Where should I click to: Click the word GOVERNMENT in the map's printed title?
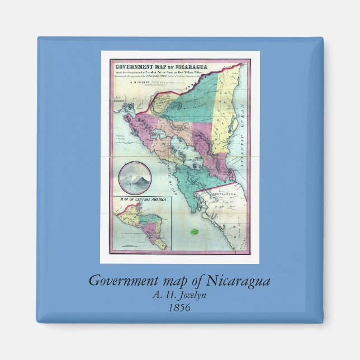(x=131, y=60)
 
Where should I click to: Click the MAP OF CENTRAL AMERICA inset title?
(x=141, y=198)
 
